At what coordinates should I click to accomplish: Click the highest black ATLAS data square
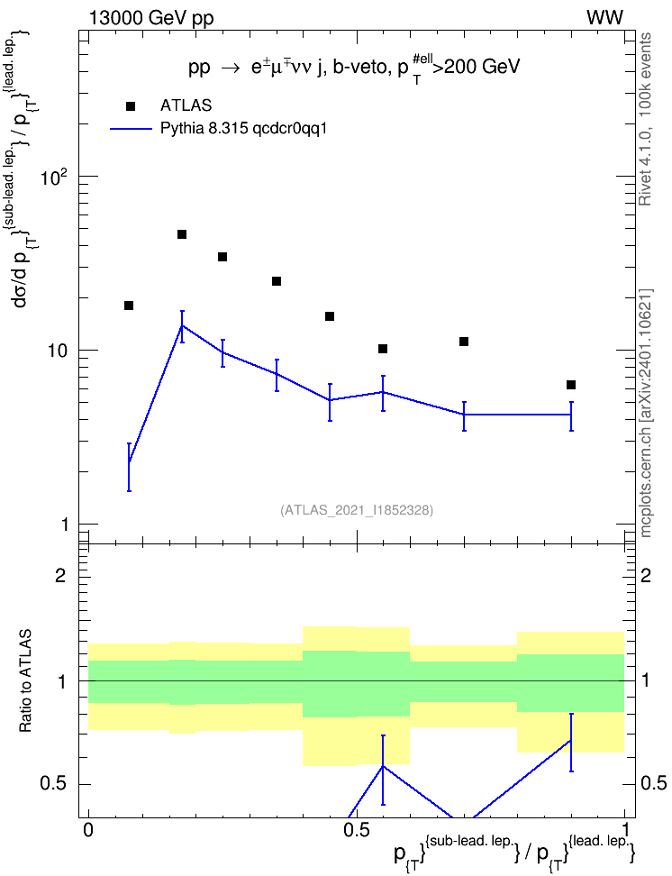point(182,234)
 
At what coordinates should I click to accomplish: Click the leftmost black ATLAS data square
point(129,306)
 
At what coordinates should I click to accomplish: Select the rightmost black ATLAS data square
point(571,385)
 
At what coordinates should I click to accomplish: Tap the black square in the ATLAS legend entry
point(131,106)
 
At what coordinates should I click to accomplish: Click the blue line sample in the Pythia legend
point(131,129)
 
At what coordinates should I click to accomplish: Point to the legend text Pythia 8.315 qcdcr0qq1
point(243,129)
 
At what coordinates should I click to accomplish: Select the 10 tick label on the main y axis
point(57,351)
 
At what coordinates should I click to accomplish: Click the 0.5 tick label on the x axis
point(357,829)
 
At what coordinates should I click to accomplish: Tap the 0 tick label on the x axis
point(87,829)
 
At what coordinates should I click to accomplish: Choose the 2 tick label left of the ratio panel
point(60,575)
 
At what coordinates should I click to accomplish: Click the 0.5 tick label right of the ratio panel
point(653,783)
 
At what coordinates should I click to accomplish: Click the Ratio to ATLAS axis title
point(25,680)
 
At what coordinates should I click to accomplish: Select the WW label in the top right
point(605,18)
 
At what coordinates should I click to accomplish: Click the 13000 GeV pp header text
point(150,18)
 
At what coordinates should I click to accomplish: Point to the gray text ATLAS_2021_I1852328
point(357,510)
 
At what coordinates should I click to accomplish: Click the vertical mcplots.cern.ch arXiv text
point(646,413)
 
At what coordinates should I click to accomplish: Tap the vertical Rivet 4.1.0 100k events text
point(646,119)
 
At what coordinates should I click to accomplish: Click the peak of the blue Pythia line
point(182,325)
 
